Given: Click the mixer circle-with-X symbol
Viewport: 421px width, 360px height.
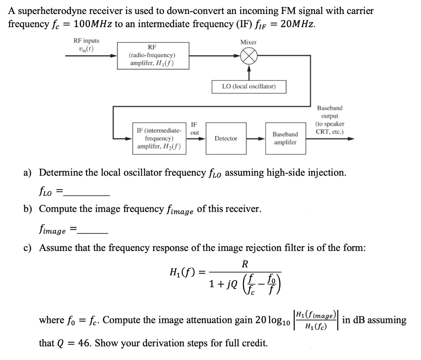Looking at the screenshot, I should tap(248, 58).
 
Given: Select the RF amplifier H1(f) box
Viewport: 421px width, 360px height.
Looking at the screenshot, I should tap(152, 55).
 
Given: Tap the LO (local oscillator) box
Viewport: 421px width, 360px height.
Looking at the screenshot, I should tap(248, 86).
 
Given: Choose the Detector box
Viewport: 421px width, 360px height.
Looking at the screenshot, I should tap(226, 138).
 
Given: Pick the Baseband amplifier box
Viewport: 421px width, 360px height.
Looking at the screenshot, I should tap(285, 138).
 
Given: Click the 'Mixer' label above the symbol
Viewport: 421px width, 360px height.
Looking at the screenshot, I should tap(248, 42).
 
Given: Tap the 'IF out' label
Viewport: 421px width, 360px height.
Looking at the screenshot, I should tap(195, 128).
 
